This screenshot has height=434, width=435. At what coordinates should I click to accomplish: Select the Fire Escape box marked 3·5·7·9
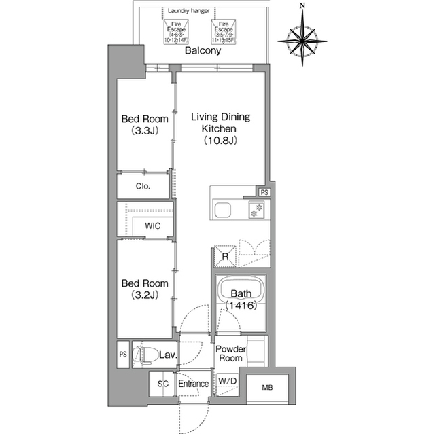[x=222, y=31]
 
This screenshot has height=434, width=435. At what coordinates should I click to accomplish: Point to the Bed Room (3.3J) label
[x=145, y=125]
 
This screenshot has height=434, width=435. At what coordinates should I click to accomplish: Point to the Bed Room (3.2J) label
[x=145, y=290]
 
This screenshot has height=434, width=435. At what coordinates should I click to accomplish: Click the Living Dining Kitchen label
[x=220, y=128]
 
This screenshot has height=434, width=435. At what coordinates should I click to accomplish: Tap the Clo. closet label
[x=143, y=186]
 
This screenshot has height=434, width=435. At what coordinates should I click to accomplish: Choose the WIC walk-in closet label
[x=152, y=226]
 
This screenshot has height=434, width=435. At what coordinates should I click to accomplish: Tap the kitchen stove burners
[x=258, y=211]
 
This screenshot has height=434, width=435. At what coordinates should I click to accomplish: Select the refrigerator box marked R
[x=225, y=256]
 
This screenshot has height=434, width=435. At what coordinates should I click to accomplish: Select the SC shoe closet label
[x=162, y=384]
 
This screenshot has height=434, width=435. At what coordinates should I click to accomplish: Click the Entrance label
[x=193, y=384]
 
